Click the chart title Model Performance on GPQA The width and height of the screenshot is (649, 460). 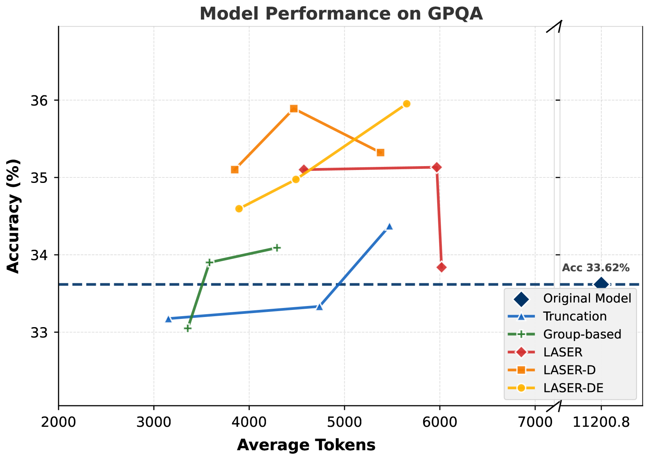[341, 14]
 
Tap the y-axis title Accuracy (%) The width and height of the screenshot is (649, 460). [13, 216]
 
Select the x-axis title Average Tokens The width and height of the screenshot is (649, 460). [306, 445]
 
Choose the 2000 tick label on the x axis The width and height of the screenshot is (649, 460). [59, 422]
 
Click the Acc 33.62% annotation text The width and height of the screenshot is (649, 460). [595, 268]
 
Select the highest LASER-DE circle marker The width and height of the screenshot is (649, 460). [406, 104]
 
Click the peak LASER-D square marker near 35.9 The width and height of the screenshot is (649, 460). [294, 109]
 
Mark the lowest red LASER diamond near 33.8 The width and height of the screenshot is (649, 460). [442, 267]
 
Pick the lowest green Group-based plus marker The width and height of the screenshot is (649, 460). [188, 328]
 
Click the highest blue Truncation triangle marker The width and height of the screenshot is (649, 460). [389, 226]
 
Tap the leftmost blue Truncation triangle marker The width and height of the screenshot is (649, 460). [168, 319]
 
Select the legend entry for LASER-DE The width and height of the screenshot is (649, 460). [573, 388]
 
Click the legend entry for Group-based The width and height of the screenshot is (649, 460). [582, 334]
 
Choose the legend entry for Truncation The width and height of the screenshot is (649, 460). [575, 316]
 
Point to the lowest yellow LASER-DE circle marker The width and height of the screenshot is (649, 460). [239, 209]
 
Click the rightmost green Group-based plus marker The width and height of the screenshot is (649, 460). [277, 247]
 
